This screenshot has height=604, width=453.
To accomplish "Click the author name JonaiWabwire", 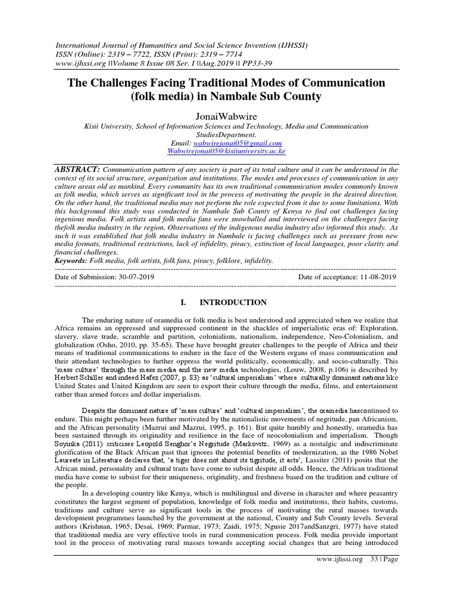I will point(226,116).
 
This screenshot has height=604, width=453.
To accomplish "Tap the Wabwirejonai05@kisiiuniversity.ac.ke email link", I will point(226,151).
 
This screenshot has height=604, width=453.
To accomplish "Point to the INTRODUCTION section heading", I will point(233,303).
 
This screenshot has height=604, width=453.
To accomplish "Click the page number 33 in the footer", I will point(374,591).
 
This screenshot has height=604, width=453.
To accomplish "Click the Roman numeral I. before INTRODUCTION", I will point(183,303).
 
